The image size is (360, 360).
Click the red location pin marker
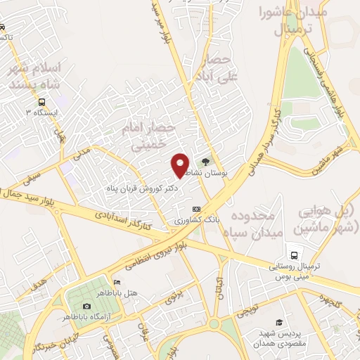coord(180,165)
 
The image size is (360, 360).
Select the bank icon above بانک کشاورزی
coord(196,209)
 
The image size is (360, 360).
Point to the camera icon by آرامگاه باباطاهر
coord(86,307)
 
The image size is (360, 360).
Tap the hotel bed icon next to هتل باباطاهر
coord(117,283)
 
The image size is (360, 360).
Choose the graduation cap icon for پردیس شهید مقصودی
coord(278,322)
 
